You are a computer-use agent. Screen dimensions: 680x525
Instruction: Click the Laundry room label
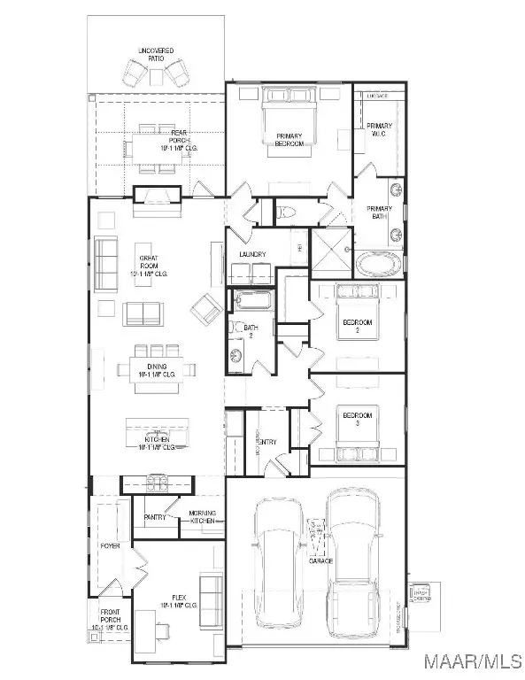[x=254, y=255]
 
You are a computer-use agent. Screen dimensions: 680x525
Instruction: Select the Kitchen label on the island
[x=154, y=443]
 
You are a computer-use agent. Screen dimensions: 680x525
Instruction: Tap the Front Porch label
[x=110, y=621]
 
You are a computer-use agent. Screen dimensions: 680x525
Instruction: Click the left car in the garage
[x=279, y=553]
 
